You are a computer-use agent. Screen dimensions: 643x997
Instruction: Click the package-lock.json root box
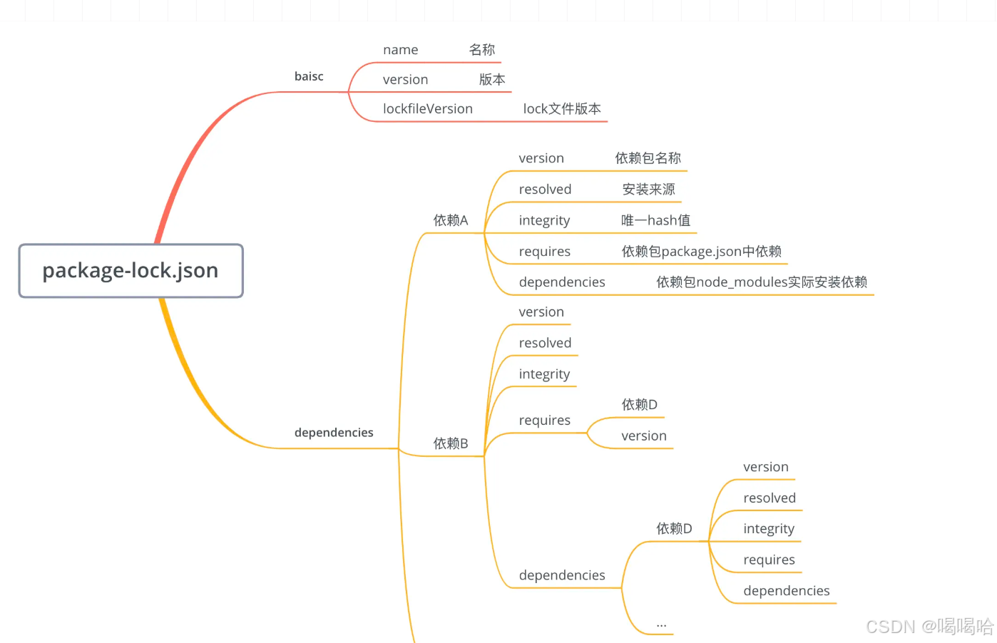point(131,271)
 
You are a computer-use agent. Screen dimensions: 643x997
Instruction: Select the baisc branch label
point(309,76)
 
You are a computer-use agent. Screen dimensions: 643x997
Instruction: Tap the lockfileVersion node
point(427,109)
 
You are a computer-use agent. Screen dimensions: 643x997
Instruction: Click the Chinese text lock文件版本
point(562,109)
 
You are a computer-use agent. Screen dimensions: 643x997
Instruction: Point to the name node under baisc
point(400,50)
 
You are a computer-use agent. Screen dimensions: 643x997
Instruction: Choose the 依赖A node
point(451,220)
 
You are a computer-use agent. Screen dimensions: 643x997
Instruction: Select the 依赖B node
point(451,443)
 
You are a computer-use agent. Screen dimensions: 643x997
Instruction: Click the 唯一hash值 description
point(655,220)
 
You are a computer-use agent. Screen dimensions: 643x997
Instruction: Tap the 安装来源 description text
point(648,190)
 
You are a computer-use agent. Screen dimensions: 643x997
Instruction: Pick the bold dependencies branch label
point(334,433)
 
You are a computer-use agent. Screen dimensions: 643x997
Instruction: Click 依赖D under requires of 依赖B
point(639,405)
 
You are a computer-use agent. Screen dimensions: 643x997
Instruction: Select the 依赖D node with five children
point(674,528)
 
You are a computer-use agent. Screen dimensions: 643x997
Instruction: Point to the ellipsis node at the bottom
point(661,624)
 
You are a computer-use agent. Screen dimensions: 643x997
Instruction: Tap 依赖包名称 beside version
point(648,158)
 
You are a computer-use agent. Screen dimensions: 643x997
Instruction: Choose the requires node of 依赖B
point(544,421)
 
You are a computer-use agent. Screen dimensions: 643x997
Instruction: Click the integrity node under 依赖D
point(768,529)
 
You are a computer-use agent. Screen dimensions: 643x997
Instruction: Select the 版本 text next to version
point(492,80)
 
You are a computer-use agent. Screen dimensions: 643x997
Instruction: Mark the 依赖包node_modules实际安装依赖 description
point(762,282)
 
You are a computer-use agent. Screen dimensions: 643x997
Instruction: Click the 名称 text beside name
point(482,50)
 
